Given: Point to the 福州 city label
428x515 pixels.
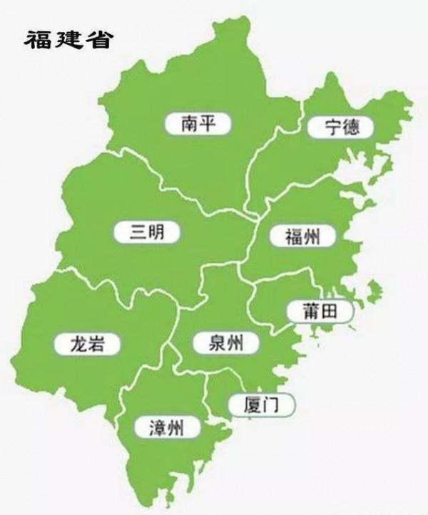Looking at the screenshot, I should (x=300, y=236).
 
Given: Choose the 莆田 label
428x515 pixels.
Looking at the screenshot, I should (x=319, y=311).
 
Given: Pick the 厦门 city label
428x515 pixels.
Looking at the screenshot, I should (x=261, y=405).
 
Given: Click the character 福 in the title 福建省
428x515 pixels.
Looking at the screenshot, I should (x=40, y=40).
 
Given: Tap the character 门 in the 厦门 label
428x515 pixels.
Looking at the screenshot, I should (x=272, y=405).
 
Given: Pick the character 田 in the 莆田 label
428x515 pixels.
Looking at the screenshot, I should (x=330, y=311).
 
